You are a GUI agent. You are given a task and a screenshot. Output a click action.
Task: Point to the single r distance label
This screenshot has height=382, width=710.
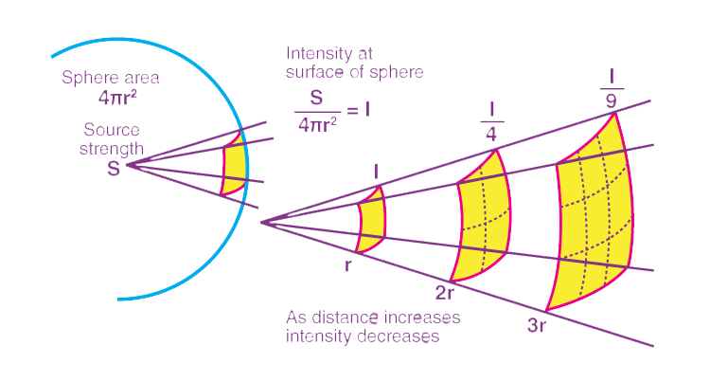348,264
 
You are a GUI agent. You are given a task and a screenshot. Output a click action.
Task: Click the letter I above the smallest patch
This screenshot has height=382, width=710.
376,170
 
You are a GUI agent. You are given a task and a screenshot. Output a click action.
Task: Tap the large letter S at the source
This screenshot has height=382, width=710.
114,168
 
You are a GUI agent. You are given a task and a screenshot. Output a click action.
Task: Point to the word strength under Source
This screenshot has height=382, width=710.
113,148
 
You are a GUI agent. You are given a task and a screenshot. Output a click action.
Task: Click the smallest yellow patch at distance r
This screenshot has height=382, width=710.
371,221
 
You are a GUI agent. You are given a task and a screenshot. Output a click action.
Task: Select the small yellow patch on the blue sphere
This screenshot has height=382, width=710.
234,166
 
